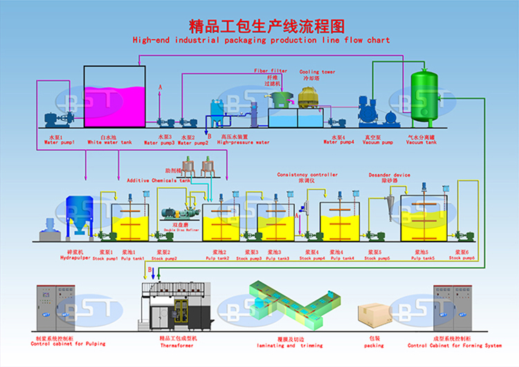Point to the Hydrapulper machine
(79, 215)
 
